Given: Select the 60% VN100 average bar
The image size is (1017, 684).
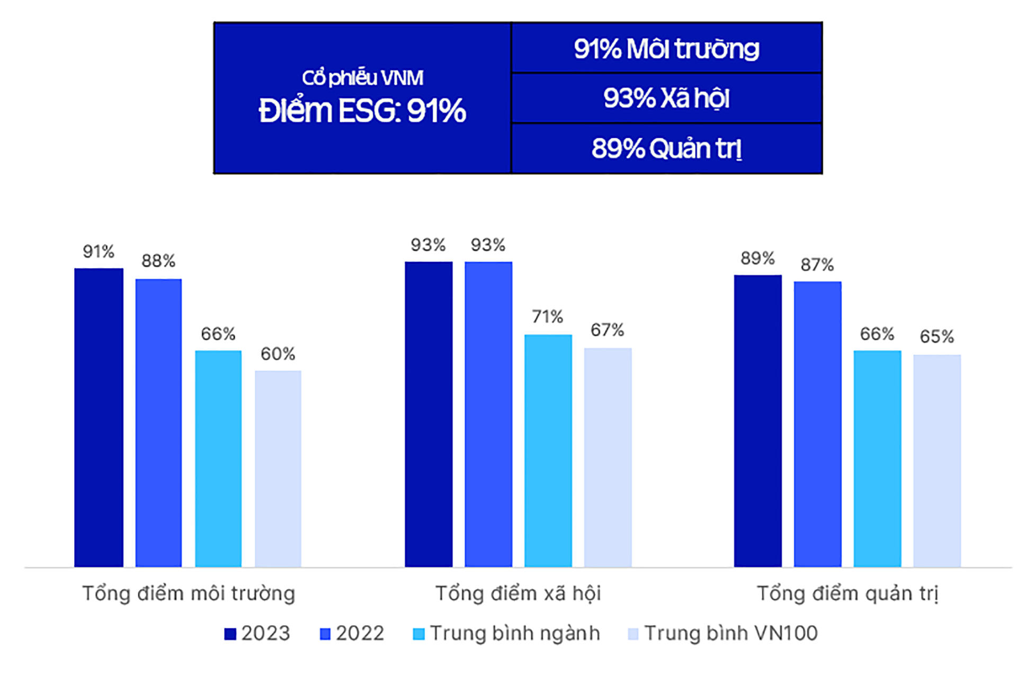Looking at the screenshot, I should [x=278, y=468].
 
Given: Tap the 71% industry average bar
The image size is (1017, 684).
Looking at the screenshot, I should [x=548, y=450].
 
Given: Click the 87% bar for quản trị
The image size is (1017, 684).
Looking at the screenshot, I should [x=817, y=424].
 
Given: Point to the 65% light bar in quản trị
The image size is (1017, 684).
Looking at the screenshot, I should [x=936, y=460].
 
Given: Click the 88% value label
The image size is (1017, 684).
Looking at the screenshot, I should [x=158, y=261].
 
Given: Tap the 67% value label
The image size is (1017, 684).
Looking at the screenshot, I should [x=607, y=331].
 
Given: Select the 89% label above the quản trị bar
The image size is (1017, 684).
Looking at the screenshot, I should [x=757, y=259].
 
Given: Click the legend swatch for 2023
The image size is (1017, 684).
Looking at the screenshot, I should [x=230, y=634].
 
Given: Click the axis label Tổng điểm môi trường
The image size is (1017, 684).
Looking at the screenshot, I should [x=189, y=593].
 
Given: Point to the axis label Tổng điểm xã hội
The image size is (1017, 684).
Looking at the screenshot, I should [x=518, y=593].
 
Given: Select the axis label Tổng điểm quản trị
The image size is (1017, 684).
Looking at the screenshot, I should [x=847, y=593].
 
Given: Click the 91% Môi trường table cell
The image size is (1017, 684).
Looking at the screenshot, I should [x=666, y=49].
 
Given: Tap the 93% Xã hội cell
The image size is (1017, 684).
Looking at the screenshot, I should [x=666, y=99].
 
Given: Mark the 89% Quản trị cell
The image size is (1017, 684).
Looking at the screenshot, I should [x=666, y=148].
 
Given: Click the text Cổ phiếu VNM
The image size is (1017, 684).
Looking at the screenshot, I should [x=362, y=78].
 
